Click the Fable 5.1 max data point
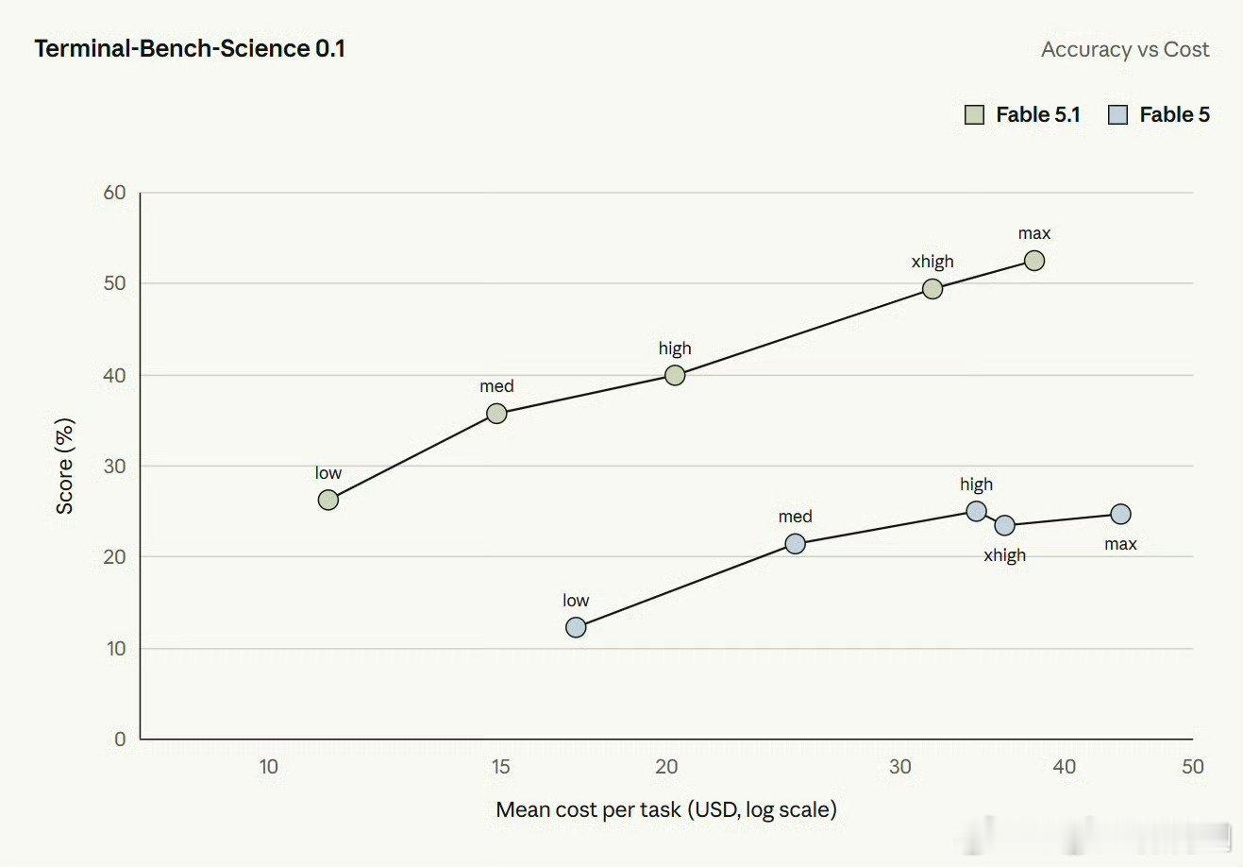(1033, 261)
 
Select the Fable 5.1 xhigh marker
(932, 289)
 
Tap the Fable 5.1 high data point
(675, 376)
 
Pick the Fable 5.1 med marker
(496, 414)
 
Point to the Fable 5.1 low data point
(328, 500)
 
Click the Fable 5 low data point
(576, 628)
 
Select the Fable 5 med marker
(796, 544)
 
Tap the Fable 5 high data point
(976, 511)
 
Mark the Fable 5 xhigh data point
(1005, 525)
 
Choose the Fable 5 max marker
(1121, 515)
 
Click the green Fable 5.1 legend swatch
(974, 115)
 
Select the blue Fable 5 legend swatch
(1117, 115)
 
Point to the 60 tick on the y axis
(115, 193)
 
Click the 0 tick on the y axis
(120, 739)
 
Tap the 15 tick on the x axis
(500, 767)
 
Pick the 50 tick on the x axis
(1192, 767)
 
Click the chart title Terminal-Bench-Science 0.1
(190, 48)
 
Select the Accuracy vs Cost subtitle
(1125, 49)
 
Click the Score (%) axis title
(65, 466)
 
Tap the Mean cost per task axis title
(666, 809)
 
